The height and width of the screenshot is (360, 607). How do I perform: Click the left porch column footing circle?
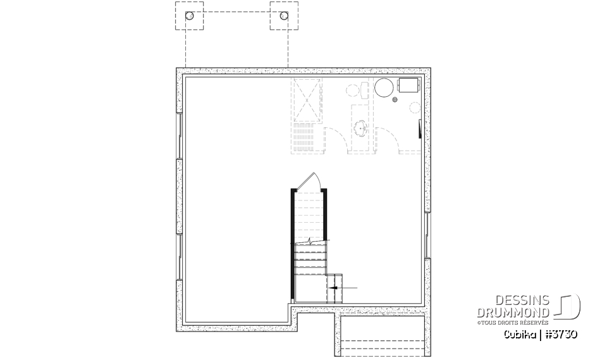(188, 16)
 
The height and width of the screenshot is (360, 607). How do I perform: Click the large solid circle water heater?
(384, 88)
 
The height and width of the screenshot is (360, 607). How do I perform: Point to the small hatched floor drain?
(395, 99)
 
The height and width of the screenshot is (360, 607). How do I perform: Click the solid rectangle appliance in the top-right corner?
(408, 85)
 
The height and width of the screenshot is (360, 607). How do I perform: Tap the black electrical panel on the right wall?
(420, 129)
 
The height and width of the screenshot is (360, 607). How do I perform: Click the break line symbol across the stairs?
(310, 242)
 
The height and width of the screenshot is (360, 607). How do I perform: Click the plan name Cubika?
(519, 333)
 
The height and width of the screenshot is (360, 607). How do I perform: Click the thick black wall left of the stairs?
(292, 243)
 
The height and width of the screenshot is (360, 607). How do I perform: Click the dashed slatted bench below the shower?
(308, 135)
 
